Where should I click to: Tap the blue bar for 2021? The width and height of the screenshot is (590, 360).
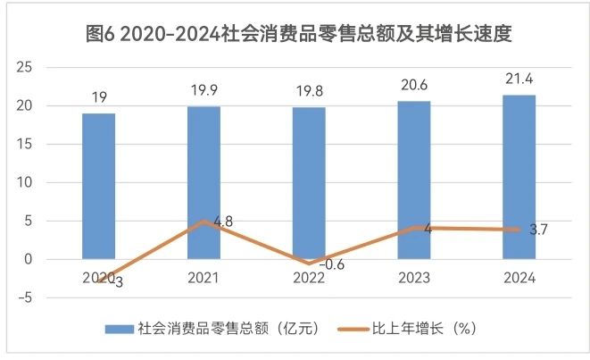coord(204,182)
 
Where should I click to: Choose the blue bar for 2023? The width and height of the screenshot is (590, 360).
coord(414,180)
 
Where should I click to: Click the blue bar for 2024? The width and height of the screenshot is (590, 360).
coord(519,177)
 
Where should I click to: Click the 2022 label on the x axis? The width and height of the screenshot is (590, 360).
coord(309,279)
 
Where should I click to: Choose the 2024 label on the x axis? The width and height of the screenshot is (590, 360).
coord(519,279)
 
